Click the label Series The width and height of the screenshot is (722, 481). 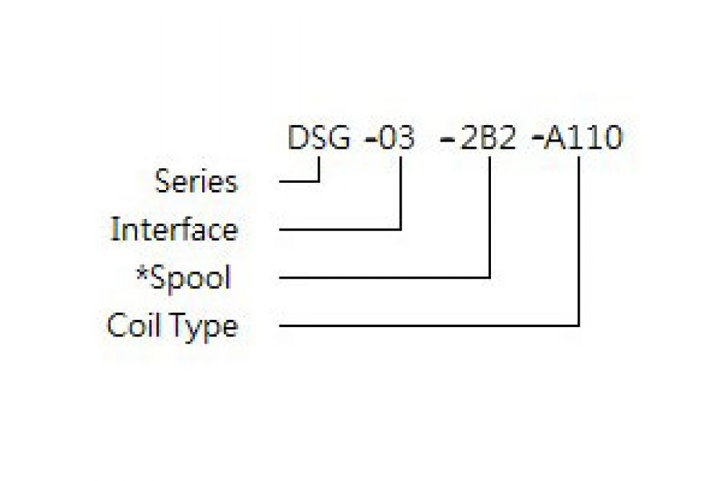tap(196, 181)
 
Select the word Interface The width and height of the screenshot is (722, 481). tap(175, 229)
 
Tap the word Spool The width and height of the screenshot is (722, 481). tap(191, 278)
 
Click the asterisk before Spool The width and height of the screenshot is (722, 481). tap(142, 274)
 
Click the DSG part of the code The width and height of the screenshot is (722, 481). tap(318, 137)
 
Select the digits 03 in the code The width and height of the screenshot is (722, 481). tap(397, 138)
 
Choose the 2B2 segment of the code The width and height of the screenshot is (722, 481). tap(487, 138)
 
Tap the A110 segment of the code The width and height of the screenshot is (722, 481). tap(583, 138)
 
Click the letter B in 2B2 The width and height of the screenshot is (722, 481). tap(487, 138)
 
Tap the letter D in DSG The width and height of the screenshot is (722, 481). tap(297, 137)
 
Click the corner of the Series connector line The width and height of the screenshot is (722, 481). tap(318, 181)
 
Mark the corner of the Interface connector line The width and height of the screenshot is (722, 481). tap(401, 229)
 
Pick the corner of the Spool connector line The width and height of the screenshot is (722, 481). tap(490, 277)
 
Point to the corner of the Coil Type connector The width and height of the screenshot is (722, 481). tap(578, 326)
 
